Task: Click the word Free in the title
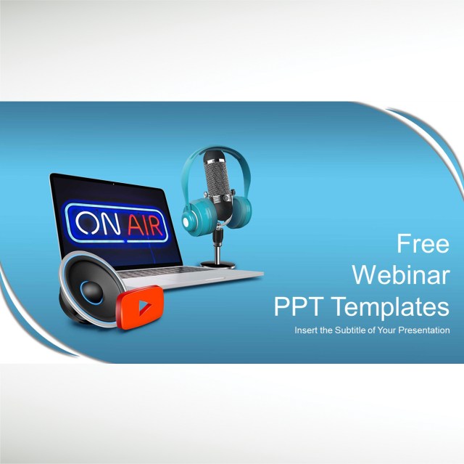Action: pyautogui.click(x=423, y=243)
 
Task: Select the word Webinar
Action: pyautogui.click(x=400, y=274)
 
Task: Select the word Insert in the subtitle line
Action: pyautogui.click(x=305, y=330)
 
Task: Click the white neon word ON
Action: pyautogui.click(x=97, y=222)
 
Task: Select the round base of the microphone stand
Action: pyautogui.click(x=217, y=264)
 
